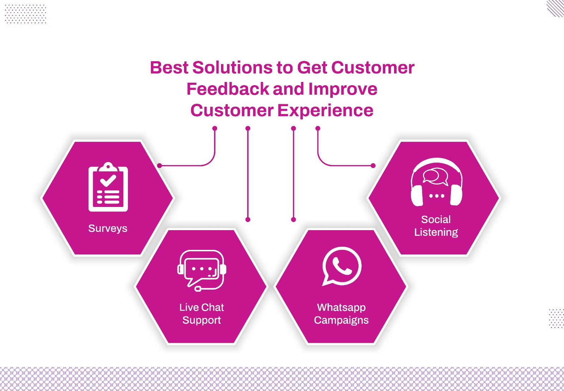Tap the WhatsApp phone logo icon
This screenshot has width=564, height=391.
coord(342,266)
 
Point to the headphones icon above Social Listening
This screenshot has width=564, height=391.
coord(436,182)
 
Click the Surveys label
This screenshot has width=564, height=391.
coord(108,228)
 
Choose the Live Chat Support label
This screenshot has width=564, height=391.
coord(202,314)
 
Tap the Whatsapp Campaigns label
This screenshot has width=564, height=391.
coord(341,314)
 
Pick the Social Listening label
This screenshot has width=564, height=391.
coord(436,226)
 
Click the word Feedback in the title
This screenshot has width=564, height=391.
coord(227,89)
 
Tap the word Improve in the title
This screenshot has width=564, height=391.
coord(343,89)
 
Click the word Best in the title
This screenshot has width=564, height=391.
coord(169,68)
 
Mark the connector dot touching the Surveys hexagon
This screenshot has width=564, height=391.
coord(159,165)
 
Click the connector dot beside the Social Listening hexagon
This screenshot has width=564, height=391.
coord(373,165)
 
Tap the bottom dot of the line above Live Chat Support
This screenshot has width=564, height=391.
coord(248,220)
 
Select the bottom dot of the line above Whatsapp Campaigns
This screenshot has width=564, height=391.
coord(293,220)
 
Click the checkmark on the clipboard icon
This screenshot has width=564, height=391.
coord(108,180)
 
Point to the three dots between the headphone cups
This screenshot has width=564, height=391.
coord(436,196)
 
